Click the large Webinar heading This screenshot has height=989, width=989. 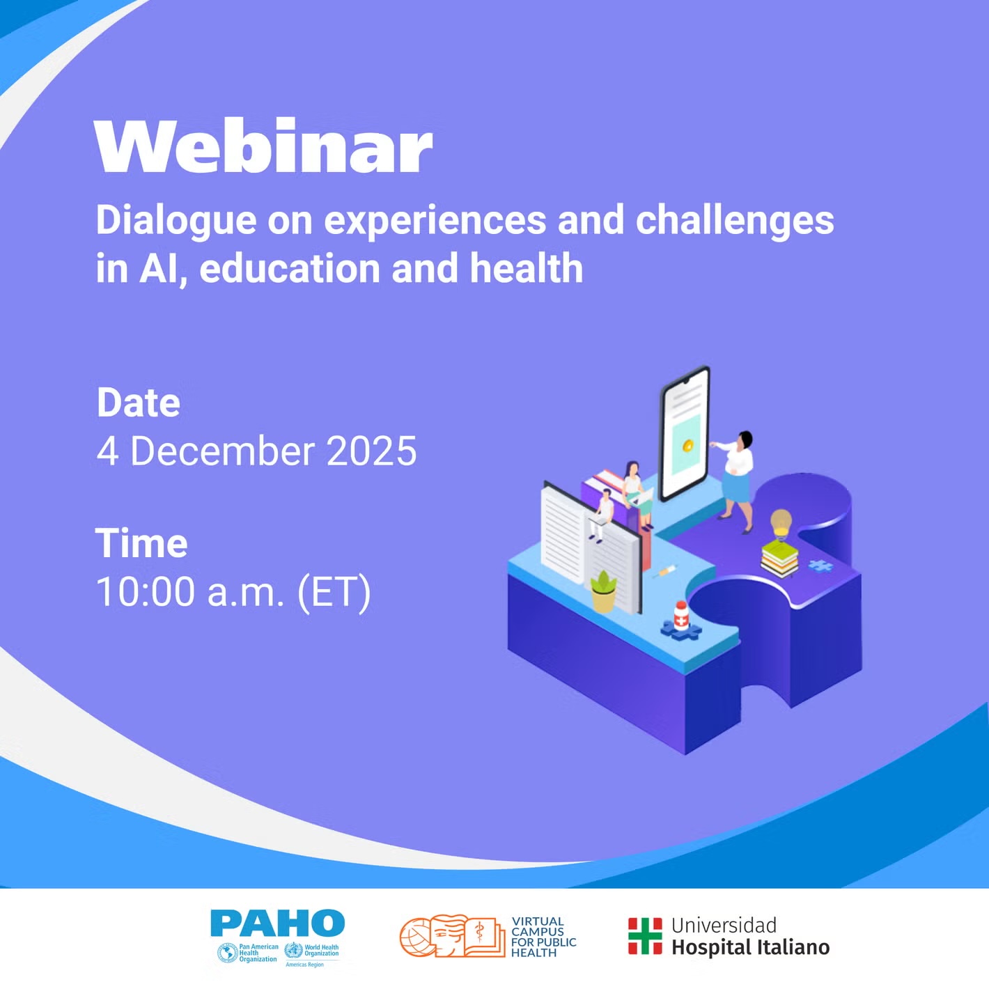click(x=263, y=147)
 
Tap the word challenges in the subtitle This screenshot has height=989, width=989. click(x=735, y=221)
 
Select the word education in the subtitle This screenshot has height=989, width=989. click(x=290, y=268)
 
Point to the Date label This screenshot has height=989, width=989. click(x=139, y=403)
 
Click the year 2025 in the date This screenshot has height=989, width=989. click(x=372, y=451)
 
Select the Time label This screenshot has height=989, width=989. click(x=141, y=543)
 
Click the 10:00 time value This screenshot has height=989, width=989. click(x=146, y=592)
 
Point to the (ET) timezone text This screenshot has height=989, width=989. click(x=334, y=593)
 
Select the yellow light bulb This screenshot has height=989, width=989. click(x=781, y=524)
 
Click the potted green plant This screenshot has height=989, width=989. click(x=604, y=592)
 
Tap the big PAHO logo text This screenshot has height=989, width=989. click(x=278, y=923)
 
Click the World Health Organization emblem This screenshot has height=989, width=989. click(x=294, y=951)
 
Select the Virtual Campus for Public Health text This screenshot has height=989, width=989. click(x=544, y=937)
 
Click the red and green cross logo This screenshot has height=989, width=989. click(x=645, y=937)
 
